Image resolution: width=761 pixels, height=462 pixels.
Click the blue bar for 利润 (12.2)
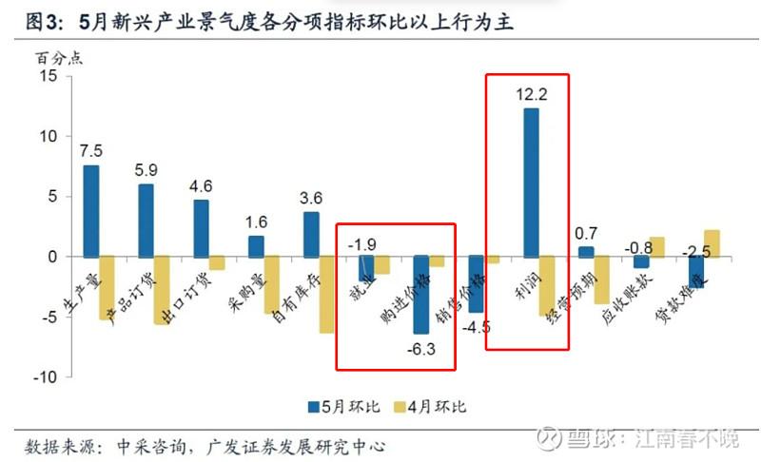(x=531, y=183)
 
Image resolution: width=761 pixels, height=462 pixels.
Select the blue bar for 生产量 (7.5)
(x=91, y=211)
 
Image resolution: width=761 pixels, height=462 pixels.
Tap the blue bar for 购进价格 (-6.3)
(x=420, y=295)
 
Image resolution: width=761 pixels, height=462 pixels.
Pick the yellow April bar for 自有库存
(x=326, y=295)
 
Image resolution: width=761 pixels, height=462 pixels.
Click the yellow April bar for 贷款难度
(x=712, y=243)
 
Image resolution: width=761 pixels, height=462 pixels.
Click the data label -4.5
(x=475, y=328)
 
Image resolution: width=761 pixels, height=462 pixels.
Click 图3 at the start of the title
(x=35, y=21)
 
